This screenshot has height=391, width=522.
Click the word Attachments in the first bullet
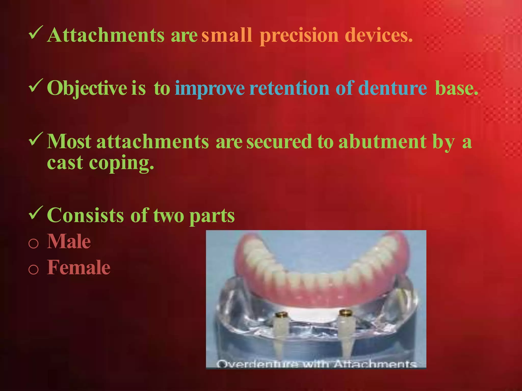[x=106, y=35]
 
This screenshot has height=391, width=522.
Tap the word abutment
[x=382, y=142]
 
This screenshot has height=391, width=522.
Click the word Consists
[x=85, y=215]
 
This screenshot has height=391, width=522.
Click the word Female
[x=79, y=268]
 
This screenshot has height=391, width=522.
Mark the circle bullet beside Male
[x=33, y=243]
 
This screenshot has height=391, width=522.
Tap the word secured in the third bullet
[x=279, y=142]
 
